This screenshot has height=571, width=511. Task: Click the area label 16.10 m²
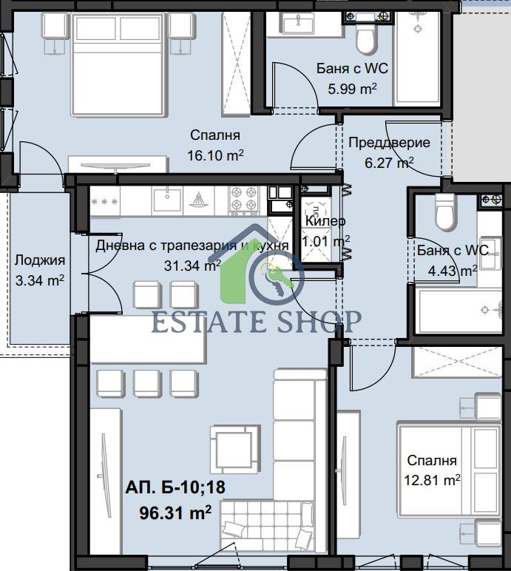click(215, 156)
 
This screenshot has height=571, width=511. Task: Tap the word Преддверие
click(389, 143)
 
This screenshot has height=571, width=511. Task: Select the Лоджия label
click(40, 260)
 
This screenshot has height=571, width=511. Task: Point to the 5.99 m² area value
click(352, 89)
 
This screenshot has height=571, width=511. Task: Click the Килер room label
click(325, 220)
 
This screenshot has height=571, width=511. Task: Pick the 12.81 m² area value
click(432, 480)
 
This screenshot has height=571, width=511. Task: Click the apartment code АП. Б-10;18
click(175, 487)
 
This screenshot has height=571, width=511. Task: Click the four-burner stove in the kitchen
click(243, 199)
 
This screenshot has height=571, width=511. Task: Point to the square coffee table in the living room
click(235, 449)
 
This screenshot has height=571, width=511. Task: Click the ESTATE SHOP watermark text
click(256, 322)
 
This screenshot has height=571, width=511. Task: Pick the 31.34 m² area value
click(192, 266)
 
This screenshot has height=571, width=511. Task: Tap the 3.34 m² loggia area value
click(40, 281)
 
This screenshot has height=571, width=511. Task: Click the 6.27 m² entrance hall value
click(389, 163)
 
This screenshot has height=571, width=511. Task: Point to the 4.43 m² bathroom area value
click(453, 271)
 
